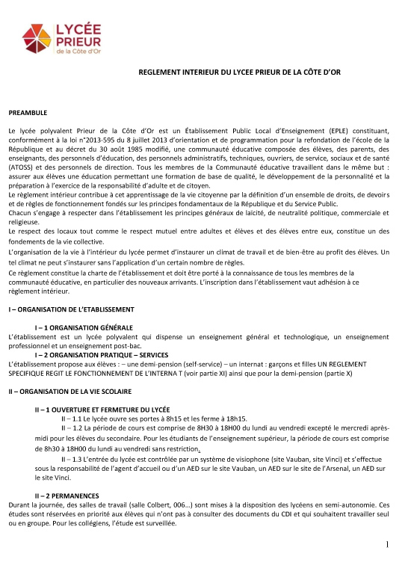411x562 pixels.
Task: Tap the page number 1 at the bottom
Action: coord(399,543)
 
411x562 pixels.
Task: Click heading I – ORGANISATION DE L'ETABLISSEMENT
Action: coord(71,309)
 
